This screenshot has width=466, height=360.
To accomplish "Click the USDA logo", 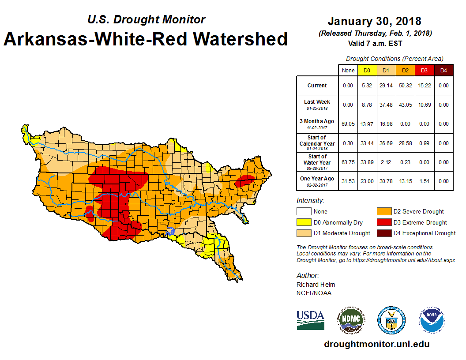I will click(x=311, y=320).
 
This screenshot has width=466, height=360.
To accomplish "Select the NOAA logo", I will click(x=432, y=320).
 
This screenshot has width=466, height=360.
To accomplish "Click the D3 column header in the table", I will click(x=424, y=70).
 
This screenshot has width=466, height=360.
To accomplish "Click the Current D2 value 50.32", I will click(x=405, y=86).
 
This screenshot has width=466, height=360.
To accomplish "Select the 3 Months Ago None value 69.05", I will click(x=348, y=124).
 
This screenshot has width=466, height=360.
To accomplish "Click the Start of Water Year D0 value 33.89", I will click(x=367, y=162).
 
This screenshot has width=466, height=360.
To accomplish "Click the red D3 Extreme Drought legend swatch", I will click(x=383, y=222).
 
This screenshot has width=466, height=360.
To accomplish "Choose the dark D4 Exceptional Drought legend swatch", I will click(x=383, y=233).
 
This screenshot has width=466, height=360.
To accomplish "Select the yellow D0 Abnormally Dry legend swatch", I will click(x=303, y=222).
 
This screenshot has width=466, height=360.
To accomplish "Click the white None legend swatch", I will click(x=303, y=212).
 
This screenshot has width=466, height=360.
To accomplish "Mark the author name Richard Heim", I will click(x=316, y=285).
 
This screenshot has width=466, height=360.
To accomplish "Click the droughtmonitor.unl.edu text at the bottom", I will click(x=376, y=344).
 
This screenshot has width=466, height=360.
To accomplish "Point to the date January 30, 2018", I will click(x=374, y=21).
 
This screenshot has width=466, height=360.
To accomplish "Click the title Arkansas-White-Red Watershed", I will click(x=146, y=39).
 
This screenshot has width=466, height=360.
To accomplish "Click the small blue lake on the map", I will click(x=171, y=230).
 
